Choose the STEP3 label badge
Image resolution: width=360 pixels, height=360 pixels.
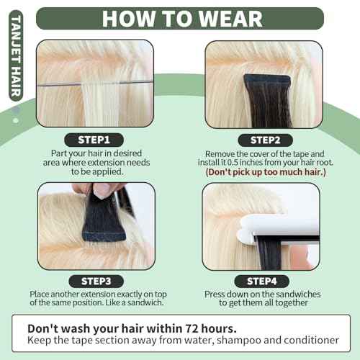pos(95,281)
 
